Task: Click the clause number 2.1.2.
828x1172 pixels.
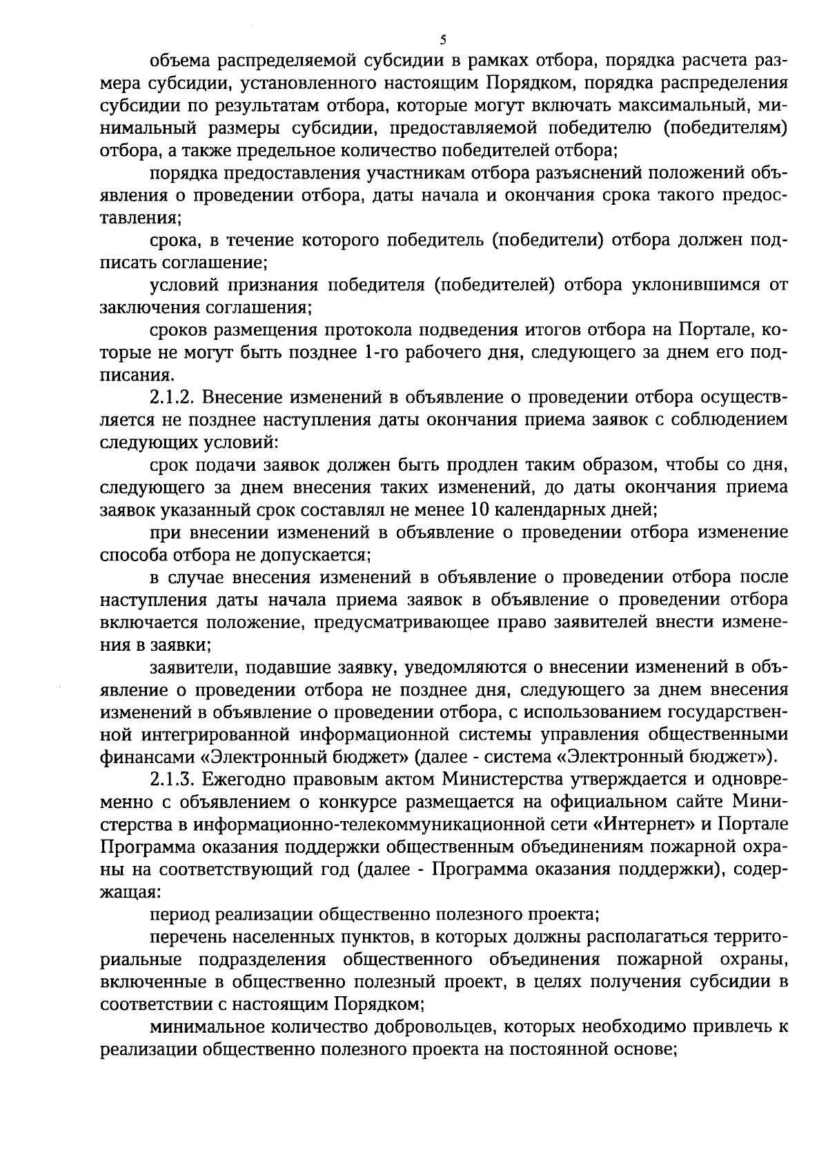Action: pyautogui.click(x=173, y=398)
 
